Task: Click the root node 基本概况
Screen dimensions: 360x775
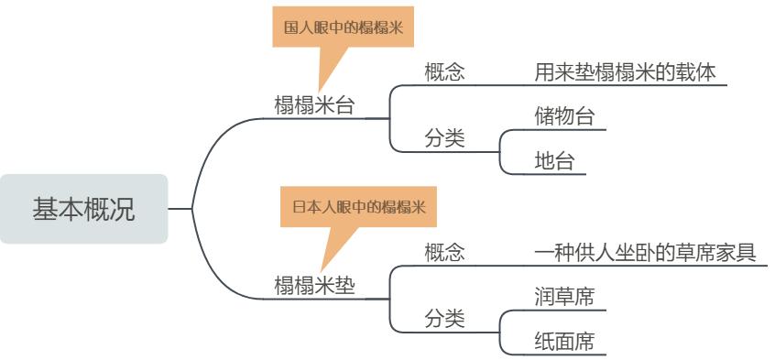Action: [x=83, y=209]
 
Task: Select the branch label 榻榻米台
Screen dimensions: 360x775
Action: [x=315, y=104]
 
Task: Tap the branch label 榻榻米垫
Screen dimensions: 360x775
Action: [x=315, y=284]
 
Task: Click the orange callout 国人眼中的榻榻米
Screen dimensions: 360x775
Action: [x=344, y=28]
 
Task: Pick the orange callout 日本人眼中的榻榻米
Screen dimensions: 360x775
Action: [x=359, y=206]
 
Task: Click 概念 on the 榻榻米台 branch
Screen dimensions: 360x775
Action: [x=444, y=71]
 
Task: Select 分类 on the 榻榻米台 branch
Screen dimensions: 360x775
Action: [x=444, y=138]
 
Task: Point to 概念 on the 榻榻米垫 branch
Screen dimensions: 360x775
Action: [x=444, y=252]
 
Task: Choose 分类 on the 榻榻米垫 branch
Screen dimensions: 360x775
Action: [x=444, y=318]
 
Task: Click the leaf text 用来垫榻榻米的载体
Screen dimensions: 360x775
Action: [x=624, y=71]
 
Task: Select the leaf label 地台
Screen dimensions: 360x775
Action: [x=554, y=161]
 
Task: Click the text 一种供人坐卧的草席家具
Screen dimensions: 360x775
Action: [x=645, y=252]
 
